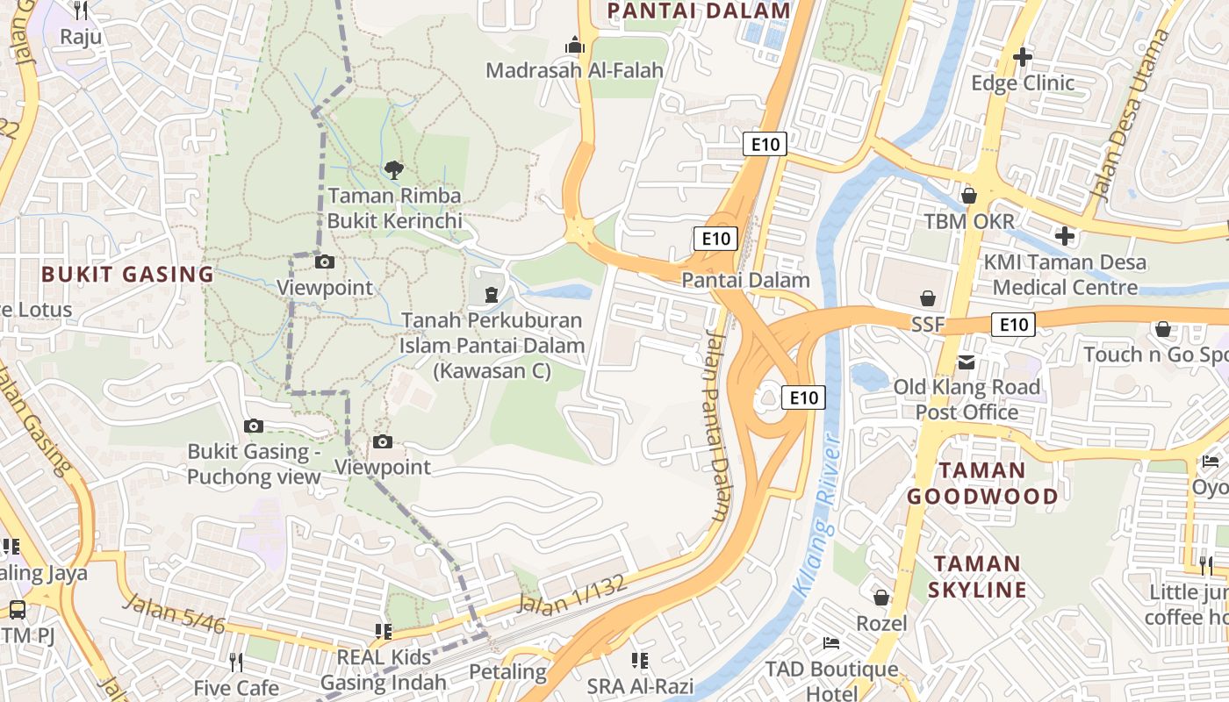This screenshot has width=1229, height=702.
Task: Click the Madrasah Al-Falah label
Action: pyautogui.click(x=574, y=70)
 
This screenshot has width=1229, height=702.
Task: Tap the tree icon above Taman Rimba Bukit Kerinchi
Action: pyautogui.click(x=394, y=169)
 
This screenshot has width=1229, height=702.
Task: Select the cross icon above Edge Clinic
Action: pyautogui.click(x=1023, y=57)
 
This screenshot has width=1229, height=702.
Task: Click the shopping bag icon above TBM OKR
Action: pyautogui.click(x=969, y=195)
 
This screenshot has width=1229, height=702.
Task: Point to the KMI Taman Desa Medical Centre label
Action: pyautogui.click(x=1064, y=275)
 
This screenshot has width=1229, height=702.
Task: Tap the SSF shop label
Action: pyautogui.click(x=927, y=325)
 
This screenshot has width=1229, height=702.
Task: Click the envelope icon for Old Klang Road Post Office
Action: pyautogui.click(x=967, y=362)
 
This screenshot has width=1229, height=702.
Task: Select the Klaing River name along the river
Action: pyautogui.click(x=820, y=518)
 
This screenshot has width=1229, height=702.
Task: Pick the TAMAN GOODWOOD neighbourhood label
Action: pyautogui.click(x=982, y=484)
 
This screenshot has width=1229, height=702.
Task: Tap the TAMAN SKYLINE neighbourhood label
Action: pyautogui.click(x=976, y=577)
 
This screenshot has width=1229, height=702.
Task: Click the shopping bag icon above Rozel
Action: pyautogui.click(x=881, y=598)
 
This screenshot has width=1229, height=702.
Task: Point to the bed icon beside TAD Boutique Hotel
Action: pyautogui.click(x=830, y=643)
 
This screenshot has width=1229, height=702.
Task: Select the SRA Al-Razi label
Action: pyautogui.click(x=640, y=686)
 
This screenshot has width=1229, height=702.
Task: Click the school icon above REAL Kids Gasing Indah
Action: pyautogui.click(x=383, y=631)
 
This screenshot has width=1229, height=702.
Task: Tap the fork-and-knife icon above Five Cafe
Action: pyautogui.click(x=235, y=661)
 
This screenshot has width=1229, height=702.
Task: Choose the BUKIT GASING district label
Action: pyautogui.click(x=127, y=274)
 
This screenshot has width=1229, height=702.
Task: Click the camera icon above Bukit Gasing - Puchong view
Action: pyautogui.click(x=254, y=426)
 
